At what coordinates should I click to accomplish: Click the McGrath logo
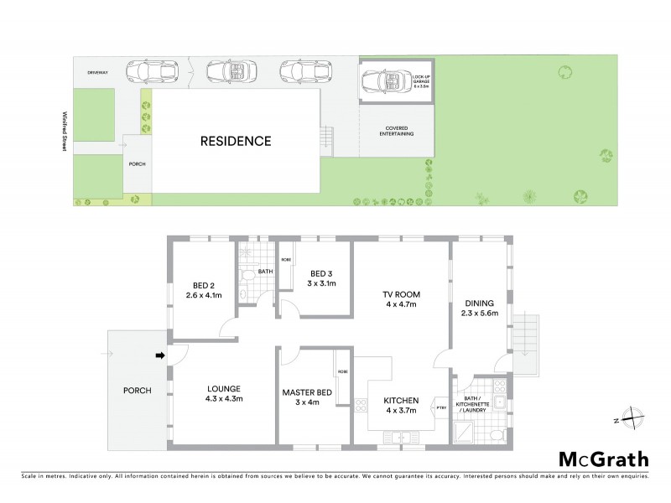pos(603,459)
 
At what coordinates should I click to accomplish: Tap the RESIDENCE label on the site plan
pos(236,141)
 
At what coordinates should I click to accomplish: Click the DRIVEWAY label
pos(99,73)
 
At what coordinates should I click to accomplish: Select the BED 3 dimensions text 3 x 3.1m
pos(323,283)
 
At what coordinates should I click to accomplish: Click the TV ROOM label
pos(400,294)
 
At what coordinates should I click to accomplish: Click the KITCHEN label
pos(401,400)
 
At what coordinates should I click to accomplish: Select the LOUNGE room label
pos(224,388)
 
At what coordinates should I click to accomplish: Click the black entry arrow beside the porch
pos(160,356)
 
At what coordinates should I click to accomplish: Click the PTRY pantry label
pos(441,407)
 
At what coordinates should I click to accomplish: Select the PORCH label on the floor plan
pos(136,391)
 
